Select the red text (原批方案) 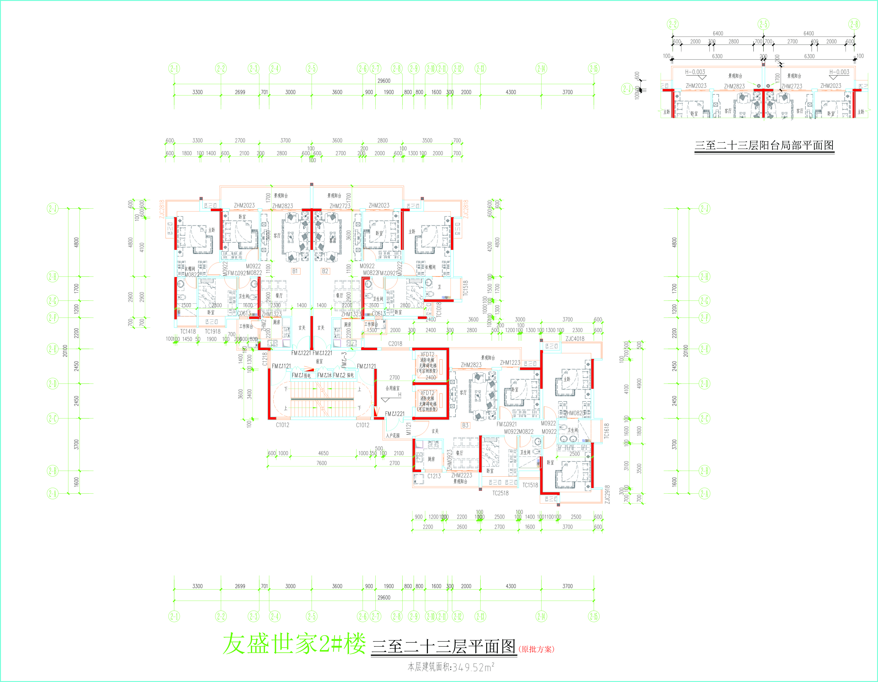pos(536,649)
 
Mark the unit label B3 pos(465,425)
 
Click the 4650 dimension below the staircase pos(323,453)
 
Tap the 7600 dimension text pos(322,463)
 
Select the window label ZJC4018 pos(575,339)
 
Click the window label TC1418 pos(188,331)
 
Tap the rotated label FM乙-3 pos(344,360)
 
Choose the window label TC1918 pos(213,331)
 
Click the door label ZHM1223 pos(510,363)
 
